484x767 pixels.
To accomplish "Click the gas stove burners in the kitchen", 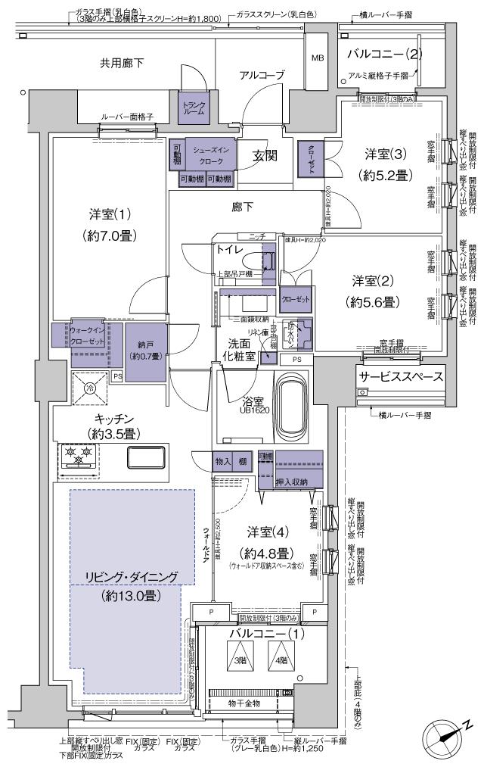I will point(79,456).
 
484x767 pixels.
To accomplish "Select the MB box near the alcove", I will point(318,58).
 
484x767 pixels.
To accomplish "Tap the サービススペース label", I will point(400,376).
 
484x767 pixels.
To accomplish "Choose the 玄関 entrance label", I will point(265,156).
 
